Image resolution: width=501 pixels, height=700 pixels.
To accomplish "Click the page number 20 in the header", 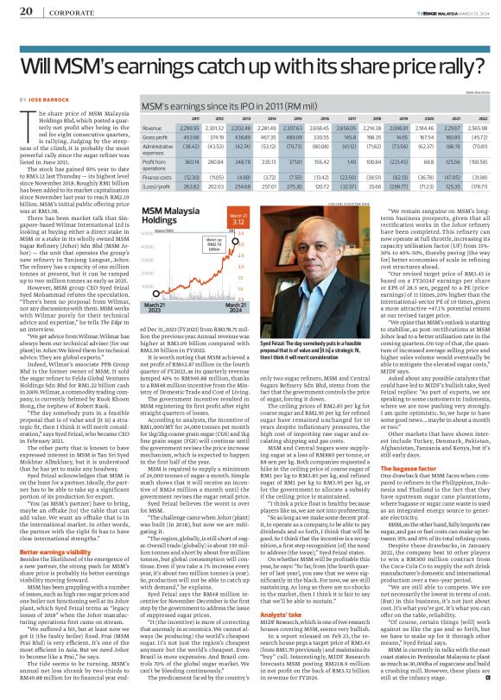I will (26, 11).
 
